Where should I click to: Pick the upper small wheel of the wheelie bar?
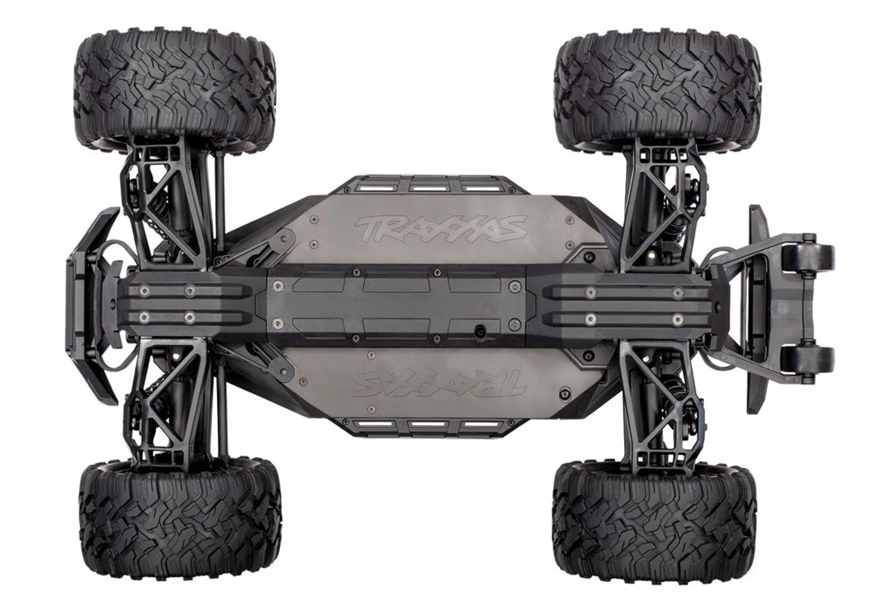pyautogui.click(x=808, y=256)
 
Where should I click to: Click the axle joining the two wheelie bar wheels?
pyautogui.click(x=808, y=308)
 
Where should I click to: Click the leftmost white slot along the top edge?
pyautogui.click(x=377, y=185)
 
